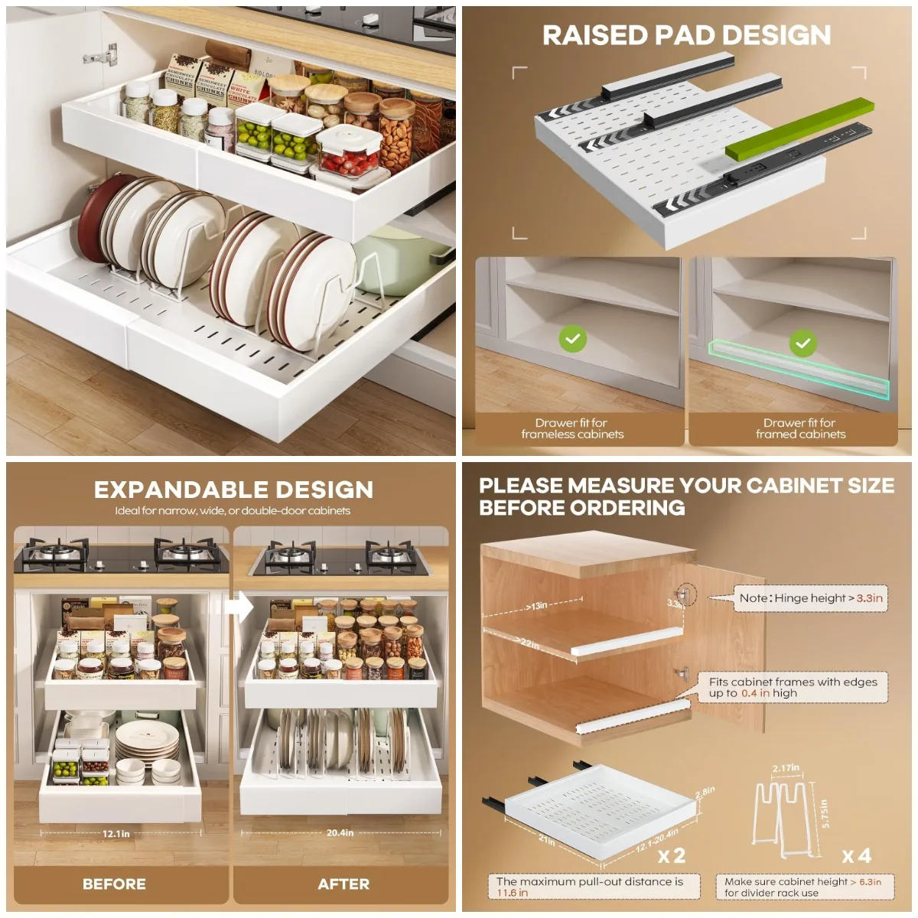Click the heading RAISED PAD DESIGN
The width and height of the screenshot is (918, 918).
click(x=686, y=35)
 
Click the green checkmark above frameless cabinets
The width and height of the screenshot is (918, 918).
click(x=572, y=339)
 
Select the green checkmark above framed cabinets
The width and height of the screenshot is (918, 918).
click(x=802, y=343)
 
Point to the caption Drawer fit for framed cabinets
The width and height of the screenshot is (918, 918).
click(x=800, y=428)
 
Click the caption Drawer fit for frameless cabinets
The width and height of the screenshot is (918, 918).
click(x=572, y=428)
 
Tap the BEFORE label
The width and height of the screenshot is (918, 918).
click(x=114, y=884)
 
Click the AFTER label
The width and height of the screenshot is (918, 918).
click(x=343, y=884)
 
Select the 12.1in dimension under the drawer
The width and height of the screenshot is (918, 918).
click(x=116, y=834)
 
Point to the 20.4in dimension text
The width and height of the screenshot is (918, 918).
click(x=340, y=833)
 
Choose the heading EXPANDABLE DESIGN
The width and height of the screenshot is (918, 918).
click(x=233, y=490)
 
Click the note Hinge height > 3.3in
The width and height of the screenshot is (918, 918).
click(x=810, y=598)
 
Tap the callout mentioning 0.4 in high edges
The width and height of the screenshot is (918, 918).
click(x=793, y=687)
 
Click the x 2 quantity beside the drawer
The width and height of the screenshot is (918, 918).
click(x=672, y=855)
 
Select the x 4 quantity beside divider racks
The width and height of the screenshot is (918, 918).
click(x=856, y=855)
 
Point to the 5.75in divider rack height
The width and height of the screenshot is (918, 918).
click(x=824, y=814)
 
